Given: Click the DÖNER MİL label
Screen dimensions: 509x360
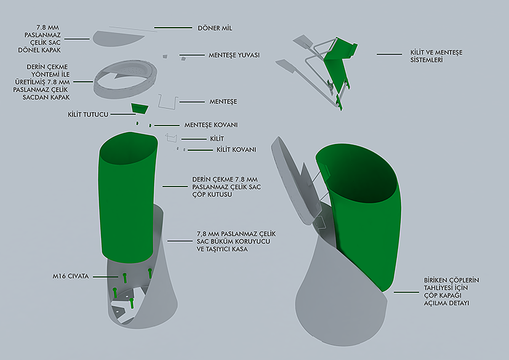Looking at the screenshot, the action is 215,28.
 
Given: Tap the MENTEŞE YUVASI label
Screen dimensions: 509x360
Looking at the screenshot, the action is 234,55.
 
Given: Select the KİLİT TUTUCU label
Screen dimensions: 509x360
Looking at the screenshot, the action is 88,114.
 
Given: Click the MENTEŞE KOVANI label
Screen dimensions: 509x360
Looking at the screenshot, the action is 211,125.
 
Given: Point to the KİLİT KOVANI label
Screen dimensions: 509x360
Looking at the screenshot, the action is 236,150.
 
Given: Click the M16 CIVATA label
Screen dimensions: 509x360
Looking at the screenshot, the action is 71,276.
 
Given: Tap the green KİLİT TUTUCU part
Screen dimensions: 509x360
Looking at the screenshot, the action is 140,108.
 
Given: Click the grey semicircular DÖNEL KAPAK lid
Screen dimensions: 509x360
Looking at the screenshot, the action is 119,38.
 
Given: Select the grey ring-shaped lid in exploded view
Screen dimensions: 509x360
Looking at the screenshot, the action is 126,79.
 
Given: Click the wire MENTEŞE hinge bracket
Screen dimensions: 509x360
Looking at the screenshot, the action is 168,102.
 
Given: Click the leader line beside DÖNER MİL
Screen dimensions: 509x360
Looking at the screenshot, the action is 173,28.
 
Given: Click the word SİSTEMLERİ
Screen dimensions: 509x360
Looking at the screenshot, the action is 427,60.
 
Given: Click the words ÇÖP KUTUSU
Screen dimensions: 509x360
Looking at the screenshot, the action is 212,195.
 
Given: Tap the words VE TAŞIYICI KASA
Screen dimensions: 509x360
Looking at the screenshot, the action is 222,249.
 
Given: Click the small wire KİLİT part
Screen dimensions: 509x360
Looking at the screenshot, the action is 171,138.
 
